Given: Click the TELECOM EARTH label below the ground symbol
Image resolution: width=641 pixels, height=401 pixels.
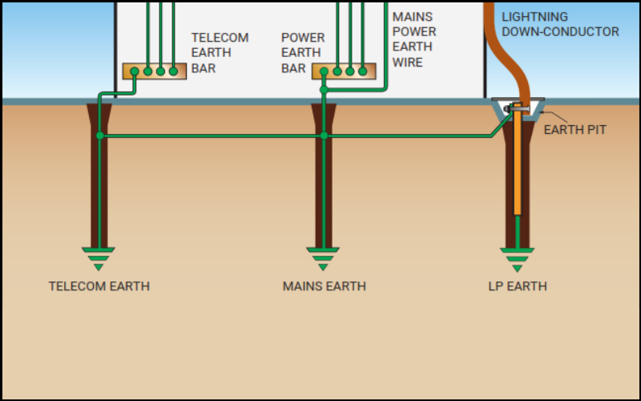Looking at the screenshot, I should click(99, 286).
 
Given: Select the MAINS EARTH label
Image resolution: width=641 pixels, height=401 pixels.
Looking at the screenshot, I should click(324, 286).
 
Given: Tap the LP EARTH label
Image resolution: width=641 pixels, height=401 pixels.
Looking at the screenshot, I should click(518, 286).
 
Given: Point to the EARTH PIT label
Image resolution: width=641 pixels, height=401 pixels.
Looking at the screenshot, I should click(574, 129).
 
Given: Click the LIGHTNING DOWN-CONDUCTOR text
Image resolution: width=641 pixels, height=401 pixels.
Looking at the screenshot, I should click(560, 24).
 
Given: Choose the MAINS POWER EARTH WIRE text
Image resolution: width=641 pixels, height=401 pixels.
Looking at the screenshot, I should click(414, 39).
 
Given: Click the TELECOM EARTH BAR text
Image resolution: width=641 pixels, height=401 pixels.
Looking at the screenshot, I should click(220, 53).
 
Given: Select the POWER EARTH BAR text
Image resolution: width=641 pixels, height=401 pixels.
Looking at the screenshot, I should click(303, 53).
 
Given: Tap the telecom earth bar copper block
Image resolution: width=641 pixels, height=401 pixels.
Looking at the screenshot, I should click(155, 71).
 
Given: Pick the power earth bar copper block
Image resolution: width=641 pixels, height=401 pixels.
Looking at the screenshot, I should click(344, 71).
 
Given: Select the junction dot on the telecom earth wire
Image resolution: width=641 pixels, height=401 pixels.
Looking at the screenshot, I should click(99, 136).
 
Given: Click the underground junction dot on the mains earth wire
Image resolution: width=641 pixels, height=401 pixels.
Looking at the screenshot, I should click(324, 136).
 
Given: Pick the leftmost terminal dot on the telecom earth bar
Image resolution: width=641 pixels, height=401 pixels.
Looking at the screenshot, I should click(135, 71).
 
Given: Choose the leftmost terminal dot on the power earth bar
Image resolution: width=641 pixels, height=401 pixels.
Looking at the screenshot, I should click(324, 71).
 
